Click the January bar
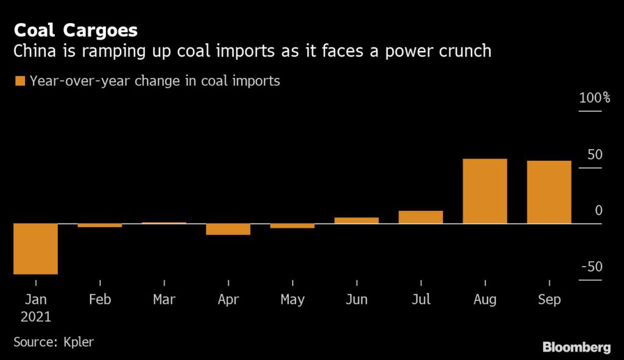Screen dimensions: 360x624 coord(35,249)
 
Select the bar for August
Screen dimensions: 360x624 coord(485,191)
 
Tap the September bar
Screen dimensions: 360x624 coord(549,192)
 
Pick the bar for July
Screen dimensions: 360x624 coord(420,217)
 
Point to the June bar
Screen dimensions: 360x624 coord(356,221)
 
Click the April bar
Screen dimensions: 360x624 coord(228,229)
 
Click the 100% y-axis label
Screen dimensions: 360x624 coord(594,98)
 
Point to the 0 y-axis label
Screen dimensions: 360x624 coord(598,210)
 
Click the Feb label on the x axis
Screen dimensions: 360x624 coord(100,300)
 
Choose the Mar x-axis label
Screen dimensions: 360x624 coord(164,300)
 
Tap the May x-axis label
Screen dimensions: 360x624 coord(292,300)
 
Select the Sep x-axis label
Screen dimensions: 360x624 coord(549,300)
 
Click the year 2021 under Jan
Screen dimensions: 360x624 coord(36,317)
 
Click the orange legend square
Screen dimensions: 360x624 coord(19,81)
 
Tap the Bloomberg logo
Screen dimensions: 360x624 coord(576,347)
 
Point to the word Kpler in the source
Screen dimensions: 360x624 coord(79,341)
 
